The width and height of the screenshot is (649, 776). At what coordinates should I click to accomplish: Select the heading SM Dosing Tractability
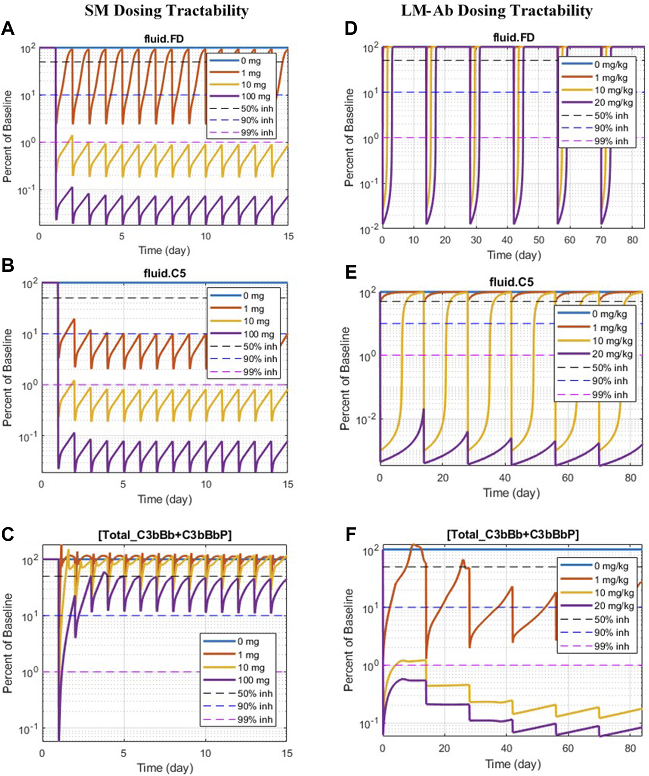pyautogui.click(x=167, y=11)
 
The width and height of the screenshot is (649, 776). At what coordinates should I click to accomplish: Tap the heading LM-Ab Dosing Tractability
pyautogui.click(x=497, y=11)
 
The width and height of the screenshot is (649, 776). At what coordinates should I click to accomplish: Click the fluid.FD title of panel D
pyautogui.click(x=513, y=37)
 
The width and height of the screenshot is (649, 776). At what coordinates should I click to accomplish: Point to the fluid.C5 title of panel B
pyautogui.click(x=164, y=274)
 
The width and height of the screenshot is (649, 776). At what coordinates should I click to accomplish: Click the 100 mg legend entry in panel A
pyautogui.click(x=256, y=96)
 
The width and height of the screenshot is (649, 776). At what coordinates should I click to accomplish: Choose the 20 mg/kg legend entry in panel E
pyautogui.click(x=612, y=354)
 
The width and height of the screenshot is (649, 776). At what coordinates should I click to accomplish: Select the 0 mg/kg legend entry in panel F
pyautogui.click(x=611, y=566)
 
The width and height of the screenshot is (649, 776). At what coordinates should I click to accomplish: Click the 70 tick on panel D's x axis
pyautogui.click(x=601, y=240)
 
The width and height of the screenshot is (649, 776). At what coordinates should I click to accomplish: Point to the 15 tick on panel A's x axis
pyautogui.click(x=288, y=237)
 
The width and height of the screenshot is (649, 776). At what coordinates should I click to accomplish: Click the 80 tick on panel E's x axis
pyautogui.click(x=630, y=478)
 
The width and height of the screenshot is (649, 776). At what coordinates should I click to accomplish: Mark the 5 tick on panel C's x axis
pyautogui.click(x=123, y=753)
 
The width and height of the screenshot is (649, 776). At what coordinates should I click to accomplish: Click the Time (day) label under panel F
pyautogui.click(x=513, y=764)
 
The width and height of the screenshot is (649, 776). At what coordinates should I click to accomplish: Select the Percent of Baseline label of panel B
pyautogui.click(x=8, y=378)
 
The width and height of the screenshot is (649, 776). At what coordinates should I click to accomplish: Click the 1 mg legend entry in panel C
pyautogui.click(x=249, y=655)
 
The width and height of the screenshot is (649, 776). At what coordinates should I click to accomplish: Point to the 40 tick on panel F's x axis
pyautogui.click(x=507, y=748)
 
